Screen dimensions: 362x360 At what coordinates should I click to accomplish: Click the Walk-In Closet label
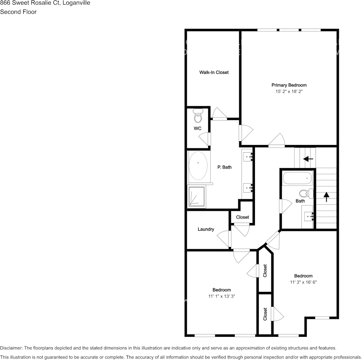(214, 72)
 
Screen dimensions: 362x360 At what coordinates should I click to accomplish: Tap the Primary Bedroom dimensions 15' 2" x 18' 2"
(289, 92)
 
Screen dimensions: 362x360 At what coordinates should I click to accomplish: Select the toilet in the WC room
(198, 116)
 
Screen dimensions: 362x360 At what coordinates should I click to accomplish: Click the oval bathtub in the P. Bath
(198, 166)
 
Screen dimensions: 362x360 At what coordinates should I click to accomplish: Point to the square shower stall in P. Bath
(197, 196)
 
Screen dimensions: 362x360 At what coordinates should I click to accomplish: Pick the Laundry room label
(206, 229)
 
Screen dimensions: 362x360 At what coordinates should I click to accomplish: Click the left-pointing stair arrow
(308, 159)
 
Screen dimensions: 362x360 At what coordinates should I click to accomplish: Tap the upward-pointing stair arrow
(326, 197)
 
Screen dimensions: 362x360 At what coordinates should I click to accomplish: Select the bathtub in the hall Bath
(297, 178)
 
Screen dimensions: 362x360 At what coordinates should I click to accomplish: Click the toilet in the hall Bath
(306, 193)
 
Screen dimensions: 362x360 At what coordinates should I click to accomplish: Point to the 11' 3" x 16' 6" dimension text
(303, 282)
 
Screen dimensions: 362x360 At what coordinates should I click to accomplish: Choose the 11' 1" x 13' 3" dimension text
(222, 296)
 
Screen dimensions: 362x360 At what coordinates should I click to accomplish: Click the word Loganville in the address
(77, 3)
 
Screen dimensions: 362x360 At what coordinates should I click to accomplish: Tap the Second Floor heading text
(18, 12)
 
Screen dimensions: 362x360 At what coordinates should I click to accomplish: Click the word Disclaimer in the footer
(11, 348)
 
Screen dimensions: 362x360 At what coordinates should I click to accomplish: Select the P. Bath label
(224, 167)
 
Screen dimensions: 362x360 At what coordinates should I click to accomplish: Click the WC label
(197, 129)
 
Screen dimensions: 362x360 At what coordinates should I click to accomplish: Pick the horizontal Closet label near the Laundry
(242, 217)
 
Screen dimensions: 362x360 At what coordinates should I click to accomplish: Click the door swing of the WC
(205, 139)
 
